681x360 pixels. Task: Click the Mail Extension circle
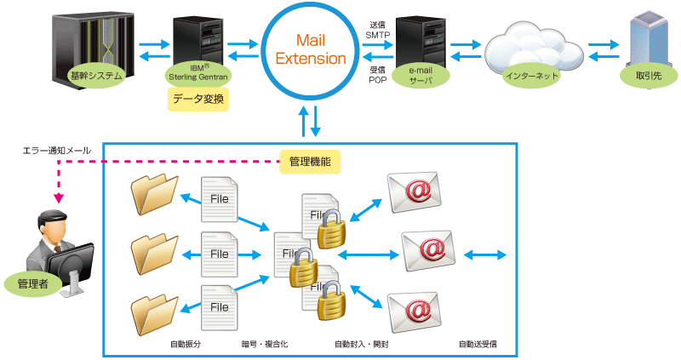pyautogui.click(x=309, y=50)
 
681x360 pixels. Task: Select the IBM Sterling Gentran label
pyautogui.click(x=200, y=71)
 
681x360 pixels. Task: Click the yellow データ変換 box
pyautogui.click(x=197, y=99)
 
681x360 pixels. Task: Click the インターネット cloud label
pyautogui.click(x=533, y=76)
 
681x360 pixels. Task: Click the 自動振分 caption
pyautogui.click(x=185, y=344)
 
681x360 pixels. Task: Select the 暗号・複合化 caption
pyautogui.click(x=265, y=344)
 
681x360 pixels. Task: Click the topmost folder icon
pyautogui.click(x=155, y=195)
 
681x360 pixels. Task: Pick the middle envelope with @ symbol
pyautogui.click(x=429, y=250)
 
